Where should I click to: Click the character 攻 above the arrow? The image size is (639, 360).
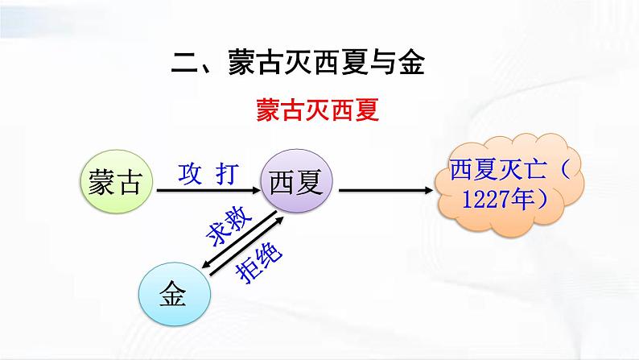pos(188,173)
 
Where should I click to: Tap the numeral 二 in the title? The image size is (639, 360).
pos(186,62)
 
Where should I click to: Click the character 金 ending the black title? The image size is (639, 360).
pos(410,62)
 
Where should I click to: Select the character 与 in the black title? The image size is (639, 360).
pos(379,62)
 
